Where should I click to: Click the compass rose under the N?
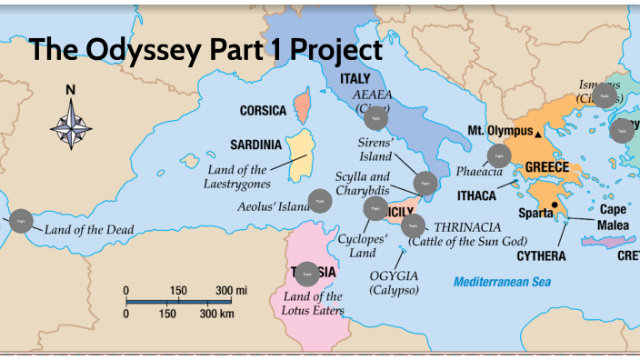coord(71,124)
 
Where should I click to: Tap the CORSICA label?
coord(263,111)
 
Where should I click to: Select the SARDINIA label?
coord(255,145)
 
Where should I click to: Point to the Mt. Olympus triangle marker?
coord(539,133)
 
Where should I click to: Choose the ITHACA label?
coord(476,195)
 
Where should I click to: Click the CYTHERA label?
coord(541,256)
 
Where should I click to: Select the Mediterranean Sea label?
coord(503,282)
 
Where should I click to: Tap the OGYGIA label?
coord(394,275)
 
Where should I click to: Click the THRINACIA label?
coord(474,226)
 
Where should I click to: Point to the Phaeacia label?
coord(479,171)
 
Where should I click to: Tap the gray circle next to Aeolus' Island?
coord(319,201)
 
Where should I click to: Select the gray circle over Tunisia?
coord(307,273)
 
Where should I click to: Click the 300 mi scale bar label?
coord(231,290)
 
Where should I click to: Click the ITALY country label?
coord(355,79)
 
